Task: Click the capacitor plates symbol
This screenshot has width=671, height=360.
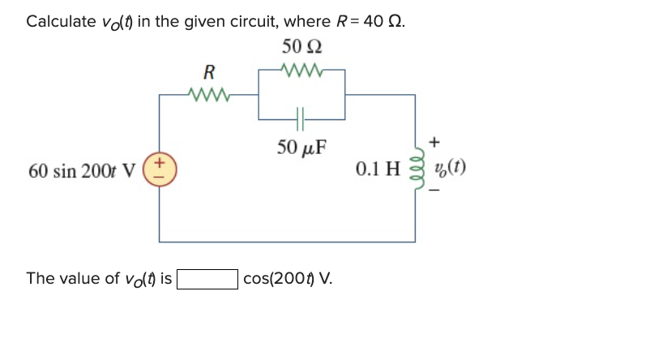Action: click(x=301, y=120)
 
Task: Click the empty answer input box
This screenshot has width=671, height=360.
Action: click(x=207, y=280)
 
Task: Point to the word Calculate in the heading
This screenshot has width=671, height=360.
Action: click(x=61, y=22)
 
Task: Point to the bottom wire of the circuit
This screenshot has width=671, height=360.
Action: click(x=288, y=242)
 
